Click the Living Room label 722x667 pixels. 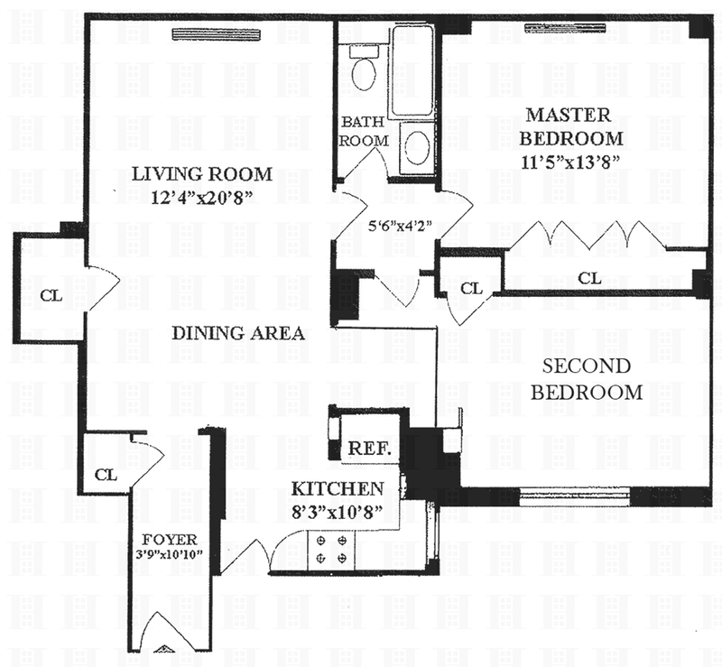click(202, 174)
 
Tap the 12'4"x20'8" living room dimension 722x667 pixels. click(202, 198)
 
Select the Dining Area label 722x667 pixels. click(238, 333)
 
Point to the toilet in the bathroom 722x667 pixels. click(365, 69)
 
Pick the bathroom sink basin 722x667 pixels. click(418, 146)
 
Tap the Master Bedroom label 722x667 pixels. click(571, 126)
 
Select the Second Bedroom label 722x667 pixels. click(587, 379)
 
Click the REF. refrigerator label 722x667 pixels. click(369, 449)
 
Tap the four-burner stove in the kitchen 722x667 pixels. click(331, 550)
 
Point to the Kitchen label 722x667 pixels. click(338, 488)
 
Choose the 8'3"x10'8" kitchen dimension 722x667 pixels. click(338, 512)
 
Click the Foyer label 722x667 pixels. click(170, 540)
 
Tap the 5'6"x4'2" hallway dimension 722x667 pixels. click(400, 227)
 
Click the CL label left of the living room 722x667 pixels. click(51, 295)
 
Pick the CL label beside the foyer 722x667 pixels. click(106, 475)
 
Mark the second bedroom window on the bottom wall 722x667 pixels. click(575, 496)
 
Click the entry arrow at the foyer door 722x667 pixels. click(162, 650)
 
